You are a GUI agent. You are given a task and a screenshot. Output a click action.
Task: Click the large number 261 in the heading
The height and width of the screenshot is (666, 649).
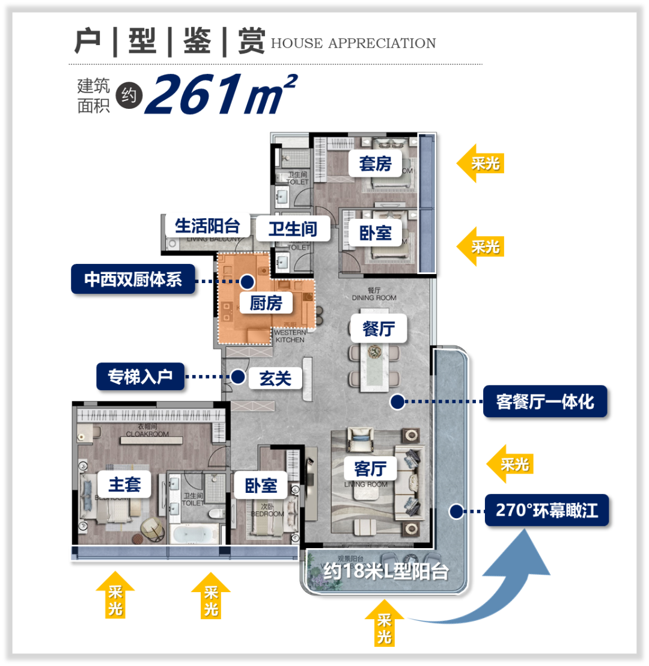pos(198,95)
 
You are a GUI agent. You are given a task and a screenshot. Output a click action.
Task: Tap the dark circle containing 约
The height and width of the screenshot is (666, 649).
pos(127,95)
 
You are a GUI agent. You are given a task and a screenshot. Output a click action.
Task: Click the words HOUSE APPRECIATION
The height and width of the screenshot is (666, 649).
pos(353,44)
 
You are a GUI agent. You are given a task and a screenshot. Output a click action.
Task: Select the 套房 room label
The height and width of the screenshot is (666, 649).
pos(376,163)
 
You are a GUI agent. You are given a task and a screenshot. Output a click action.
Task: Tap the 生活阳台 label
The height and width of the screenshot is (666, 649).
pos(207,226)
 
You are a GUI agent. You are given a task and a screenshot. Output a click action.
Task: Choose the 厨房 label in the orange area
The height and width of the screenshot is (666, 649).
pos(266,302)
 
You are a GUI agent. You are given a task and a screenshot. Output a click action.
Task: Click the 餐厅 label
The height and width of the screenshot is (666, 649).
pos(378,329)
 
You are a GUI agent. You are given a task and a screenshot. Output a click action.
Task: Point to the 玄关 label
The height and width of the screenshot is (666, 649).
pos(275,377)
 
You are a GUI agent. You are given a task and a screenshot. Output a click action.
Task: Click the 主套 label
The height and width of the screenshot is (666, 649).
pos(124,484)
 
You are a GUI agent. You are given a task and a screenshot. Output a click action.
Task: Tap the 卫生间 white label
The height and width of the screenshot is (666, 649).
pos(292,228)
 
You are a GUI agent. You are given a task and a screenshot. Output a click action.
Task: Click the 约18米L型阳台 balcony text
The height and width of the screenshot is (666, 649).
pos(386,571)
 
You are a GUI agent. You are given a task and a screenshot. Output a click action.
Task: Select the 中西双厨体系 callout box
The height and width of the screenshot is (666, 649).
pos(133,280)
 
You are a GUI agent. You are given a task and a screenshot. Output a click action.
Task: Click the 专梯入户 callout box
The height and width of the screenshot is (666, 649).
pos(141,377)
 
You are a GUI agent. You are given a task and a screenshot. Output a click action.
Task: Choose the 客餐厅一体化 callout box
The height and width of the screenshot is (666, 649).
pos(545,402)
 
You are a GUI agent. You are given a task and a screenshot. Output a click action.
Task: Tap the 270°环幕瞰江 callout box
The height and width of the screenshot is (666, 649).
pos(547,510)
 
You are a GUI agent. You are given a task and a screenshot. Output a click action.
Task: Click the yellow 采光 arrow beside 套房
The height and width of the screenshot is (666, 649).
pos(480,163)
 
